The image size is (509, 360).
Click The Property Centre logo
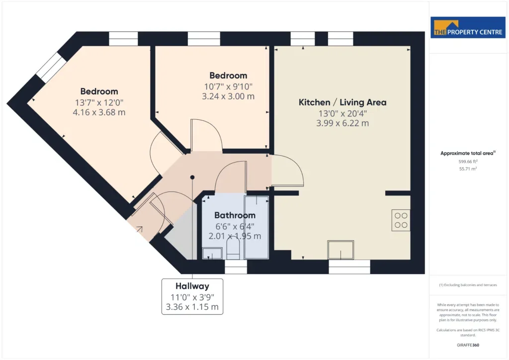(468, 27)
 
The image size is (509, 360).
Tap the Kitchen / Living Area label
(342, 102)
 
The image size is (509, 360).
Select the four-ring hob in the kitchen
(401, 220)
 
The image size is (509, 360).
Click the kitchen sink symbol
(340, 250)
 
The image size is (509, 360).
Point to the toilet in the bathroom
(233, 248)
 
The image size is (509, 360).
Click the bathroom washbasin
(212, 253)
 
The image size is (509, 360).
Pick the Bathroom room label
(235, 215)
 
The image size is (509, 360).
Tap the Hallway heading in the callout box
(192, 286)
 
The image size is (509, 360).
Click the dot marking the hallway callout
(192, 177)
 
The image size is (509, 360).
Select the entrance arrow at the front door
(139, 229)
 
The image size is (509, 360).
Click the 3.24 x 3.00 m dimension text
(228, 96)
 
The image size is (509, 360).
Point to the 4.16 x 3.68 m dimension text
(99, 112)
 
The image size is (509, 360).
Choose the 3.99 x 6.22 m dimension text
(342, 123)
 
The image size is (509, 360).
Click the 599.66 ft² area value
(468, 161)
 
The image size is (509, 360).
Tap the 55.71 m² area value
(468, 169)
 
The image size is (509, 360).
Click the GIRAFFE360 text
(468, 345)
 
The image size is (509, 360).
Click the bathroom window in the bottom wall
(236, 267)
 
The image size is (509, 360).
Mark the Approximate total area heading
(468, 153)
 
